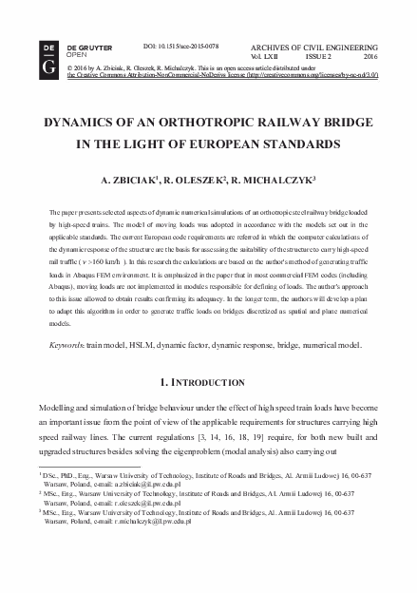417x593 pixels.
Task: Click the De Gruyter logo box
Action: pyautogui.click(x=48, y=53)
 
